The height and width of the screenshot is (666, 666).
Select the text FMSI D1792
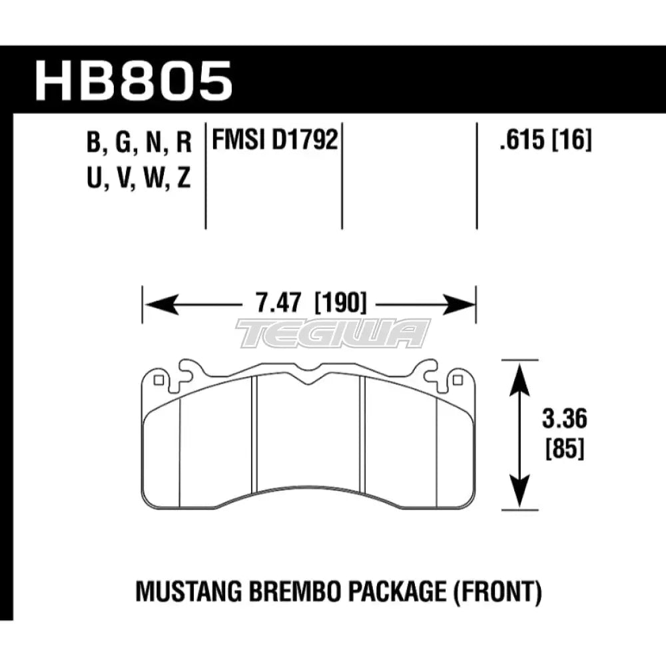coord(273,141)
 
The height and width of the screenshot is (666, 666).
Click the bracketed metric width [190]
coord(340,305)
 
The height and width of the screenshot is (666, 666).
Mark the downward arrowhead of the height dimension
coord(519,499)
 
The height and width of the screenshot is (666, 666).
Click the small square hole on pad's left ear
coord(159,381)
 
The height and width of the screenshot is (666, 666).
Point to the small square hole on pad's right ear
coord(457,381)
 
